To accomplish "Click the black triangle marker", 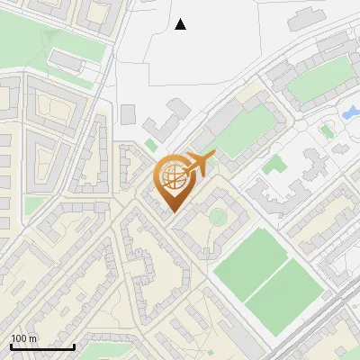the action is pos(181,24).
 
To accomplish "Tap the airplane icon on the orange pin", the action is pos(199,164).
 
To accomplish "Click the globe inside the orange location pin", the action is pos(172,177).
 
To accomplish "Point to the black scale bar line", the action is pos(42,346).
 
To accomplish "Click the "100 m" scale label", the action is pos(24,338).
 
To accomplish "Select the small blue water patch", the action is pos(349,113).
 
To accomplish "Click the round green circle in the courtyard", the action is pos(218,217).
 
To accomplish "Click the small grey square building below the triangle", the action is pos(128,114).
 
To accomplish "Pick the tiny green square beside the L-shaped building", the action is pos(150,143).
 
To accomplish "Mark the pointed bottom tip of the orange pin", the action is pos(172,211).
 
